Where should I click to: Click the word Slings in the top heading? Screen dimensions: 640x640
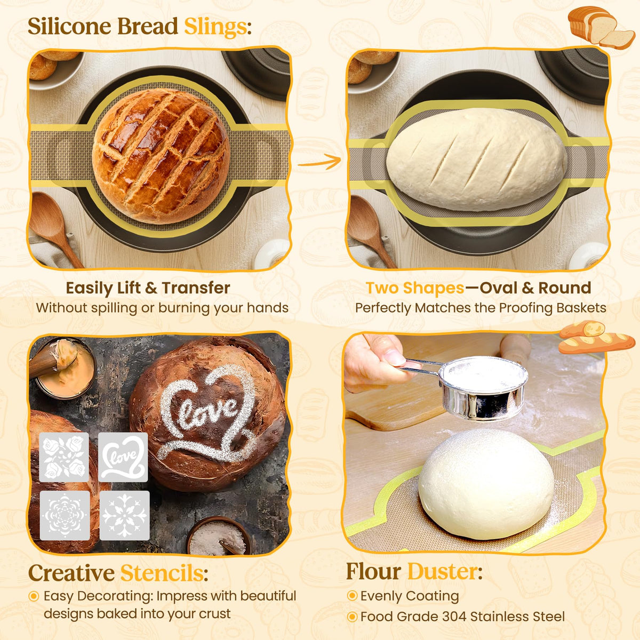coord(215,27)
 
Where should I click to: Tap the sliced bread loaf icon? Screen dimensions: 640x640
coord(602,28)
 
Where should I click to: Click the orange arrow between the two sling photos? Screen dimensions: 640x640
coord(319,162)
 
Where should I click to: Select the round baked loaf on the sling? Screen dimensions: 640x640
coord(161,156)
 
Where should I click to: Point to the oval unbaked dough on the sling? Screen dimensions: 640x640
coord(476,159)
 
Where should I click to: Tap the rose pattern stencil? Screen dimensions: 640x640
coord(64,457)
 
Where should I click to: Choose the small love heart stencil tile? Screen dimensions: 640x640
coord(123,457)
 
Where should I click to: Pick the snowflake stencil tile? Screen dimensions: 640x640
coord(124,516)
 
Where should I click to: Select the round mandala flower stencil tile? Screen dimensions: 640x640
coord(65,516)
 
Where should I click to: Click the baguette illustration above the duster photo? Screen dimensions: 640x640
coord(596,337)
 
